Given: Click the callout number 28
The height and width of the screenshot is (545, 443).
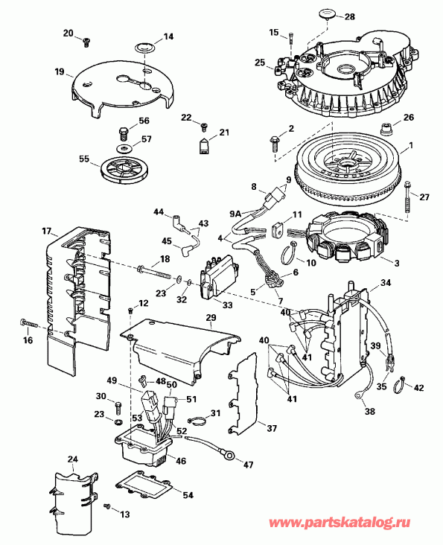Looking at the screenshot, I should coord(349,17).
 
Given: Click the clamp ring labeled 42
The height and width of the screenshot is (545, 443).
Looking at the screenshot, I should coord(398,383).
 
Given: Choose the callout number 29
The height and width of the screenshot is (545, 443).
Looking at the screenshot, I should coord(211,319).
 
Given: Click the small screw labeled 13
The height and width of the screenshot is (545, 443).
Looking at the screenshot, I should coord(106,506).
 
